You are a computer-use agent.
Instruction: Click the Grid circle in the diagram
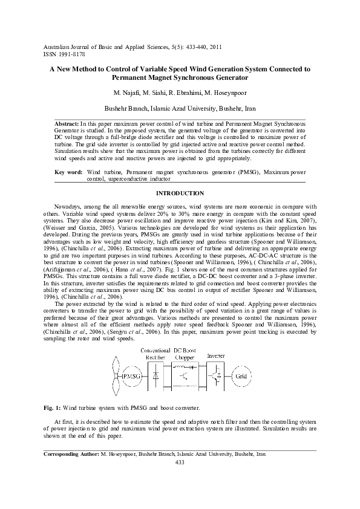(241, 377)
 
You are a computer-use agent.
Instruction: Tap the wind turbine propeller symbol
(115, 377)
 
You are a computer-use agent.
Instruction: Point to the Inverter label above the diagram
(215, 355)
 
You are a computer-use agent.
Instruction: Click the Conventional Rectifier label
(155, 354)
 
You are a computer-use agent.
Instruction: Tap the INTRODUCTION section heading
(180, 193)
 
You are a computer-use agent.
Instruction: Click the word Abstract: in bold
(67, 123)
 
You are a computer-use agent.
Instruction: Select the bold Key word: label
(68, 172)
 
